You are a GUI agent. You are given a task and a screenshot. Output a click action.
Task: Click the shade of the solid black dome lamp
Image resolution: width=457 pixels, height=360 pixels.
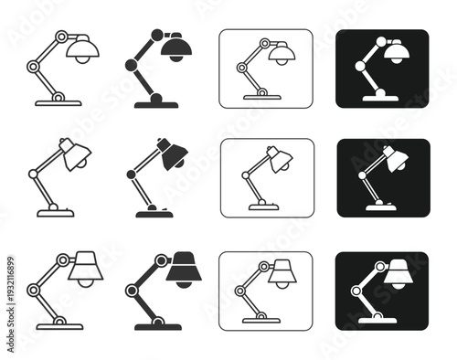tap(175, 46)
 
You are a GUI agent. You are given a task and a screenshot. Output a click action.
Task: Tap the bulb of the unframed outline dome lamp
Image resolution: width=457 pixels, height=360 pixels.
tap(81, 58)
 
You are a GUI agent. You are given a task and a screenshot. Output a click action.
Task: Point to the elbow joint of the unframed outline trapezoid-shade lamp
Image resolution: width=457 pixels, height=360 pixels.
tap(33, 290)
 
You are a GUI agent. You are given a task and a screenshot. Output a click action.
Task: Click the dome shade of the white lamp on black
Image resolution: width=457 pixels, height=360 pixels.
tap(395, 49)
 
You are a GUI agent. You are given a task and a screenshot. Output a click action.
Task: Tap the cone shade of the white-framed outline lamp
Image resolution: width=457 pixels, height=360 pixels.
tap(280, 159)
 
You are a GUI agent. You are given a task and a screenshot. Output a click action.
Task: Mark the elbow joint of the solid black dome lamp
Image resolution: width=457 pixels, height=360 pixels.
tap(129, 66)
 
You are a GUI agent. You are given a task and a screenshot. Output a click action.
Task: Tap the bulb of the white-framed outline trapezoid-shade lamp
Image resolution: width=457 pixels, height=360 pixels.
tap(281, 283)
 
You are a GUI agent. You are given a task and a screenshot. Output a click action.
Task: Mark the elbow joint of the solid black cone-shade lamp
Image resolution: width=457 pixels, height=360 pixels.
tap(130, 173)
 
